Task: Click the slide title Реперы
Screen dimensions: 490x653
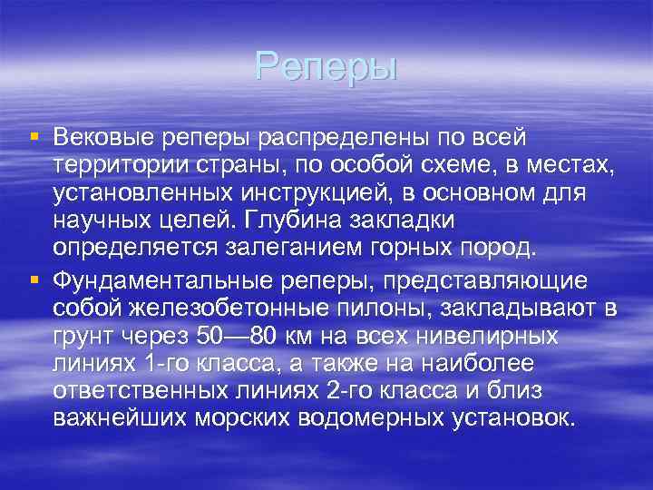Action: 326,66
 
